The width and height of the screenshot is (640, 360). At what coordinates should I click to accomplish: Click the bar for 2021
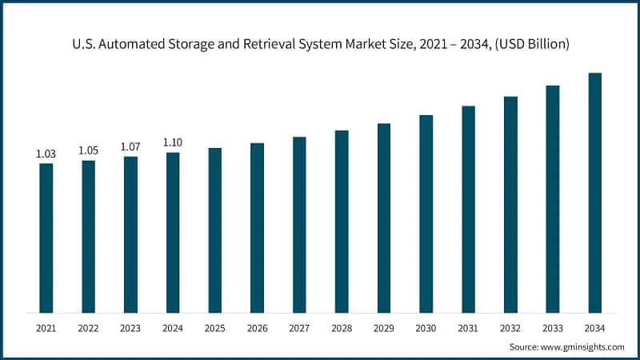46,238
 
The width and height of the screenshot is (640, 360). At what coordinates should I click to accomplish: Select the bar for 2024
173,232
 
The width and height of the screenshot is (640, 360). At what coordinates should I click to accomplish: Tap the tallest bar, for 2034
594,192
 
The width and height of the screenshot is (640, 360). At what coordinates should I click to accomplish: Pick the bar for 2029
384,218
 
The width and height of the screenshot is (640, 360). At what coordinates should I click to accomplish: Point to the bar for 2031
468,209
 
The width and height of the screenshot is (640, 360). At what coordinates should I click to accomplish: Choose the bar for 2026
257,227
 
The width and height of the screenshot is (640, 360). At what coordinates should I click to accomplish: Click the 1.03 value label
46,153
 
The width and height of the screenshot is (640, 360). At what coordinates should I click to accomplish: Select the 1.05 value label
88,150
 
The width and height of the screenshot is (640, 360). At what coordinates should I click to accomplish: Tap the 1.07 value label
130,146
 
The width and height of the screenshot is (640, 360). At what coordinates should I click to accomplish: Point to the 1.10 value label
173,142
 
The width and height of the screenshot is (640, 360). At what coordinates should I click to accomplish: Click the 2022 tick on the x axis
88,328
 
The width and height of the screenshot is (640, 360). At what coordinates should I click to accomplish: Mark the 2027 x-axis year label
299,328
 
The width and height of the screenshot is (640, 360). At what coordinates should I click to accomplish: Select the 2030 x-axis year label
426,328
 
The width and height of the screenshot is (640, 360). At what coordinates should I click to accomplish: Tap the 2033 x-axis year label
552,328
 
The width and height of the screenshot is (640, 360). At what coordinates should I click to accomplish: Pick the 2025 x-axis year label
214,328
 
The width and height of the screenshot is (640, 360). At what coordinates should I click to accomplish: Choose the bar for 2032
510,204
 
